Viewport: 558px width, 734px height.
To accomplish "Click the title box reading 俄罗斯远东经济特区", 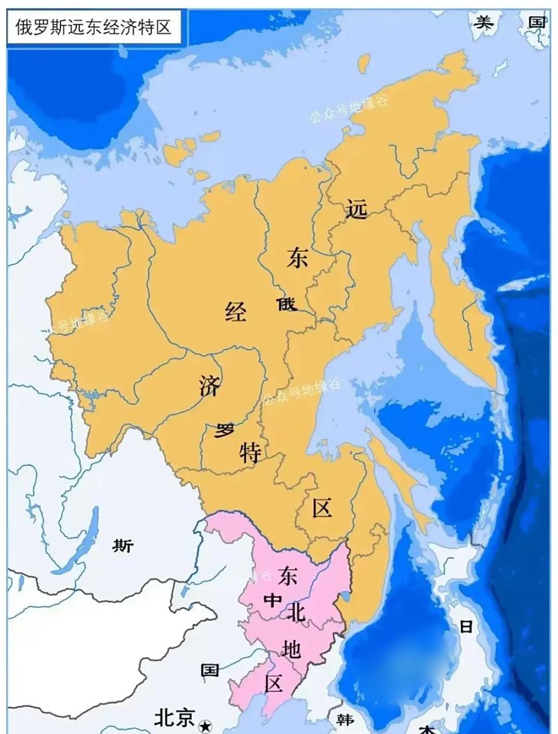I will (x=93, y=26).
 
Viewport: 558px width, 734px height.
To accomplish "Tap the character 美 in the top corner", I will (x=483, y=22).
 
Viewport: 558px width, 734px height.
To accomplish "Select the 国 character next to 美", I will (x=536, y=22).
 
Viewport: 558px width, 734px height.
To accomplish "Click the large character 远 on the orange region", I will (x=356, y=210).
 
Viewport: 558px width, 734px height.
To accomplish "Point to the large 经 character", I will (x=235, y=313).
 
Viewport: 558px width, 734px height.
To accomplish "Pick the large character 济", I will (x=210, y=385).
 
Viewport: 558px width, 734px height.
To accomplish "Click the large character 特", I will (x=251, y=453).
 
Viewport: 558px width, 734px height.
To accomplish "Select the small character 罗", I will (x=224, y=430).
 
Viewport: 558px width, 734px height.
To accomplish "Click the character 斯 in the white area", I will (x=123, y=545).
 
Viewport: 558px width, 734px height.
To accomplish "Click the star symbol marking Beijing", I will (x=205, y=727).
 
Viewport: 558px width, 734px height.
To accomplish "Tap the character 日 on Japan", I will (x=466, y=626).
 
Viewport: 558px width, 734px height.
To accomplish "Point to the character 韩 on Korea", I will (x=344, y=719).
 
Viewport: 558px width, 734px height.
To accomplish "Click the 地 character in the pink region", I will (x=291, y=649).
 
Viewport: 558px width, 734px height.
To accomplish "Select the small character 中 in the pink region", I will (x=271, y=600).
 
